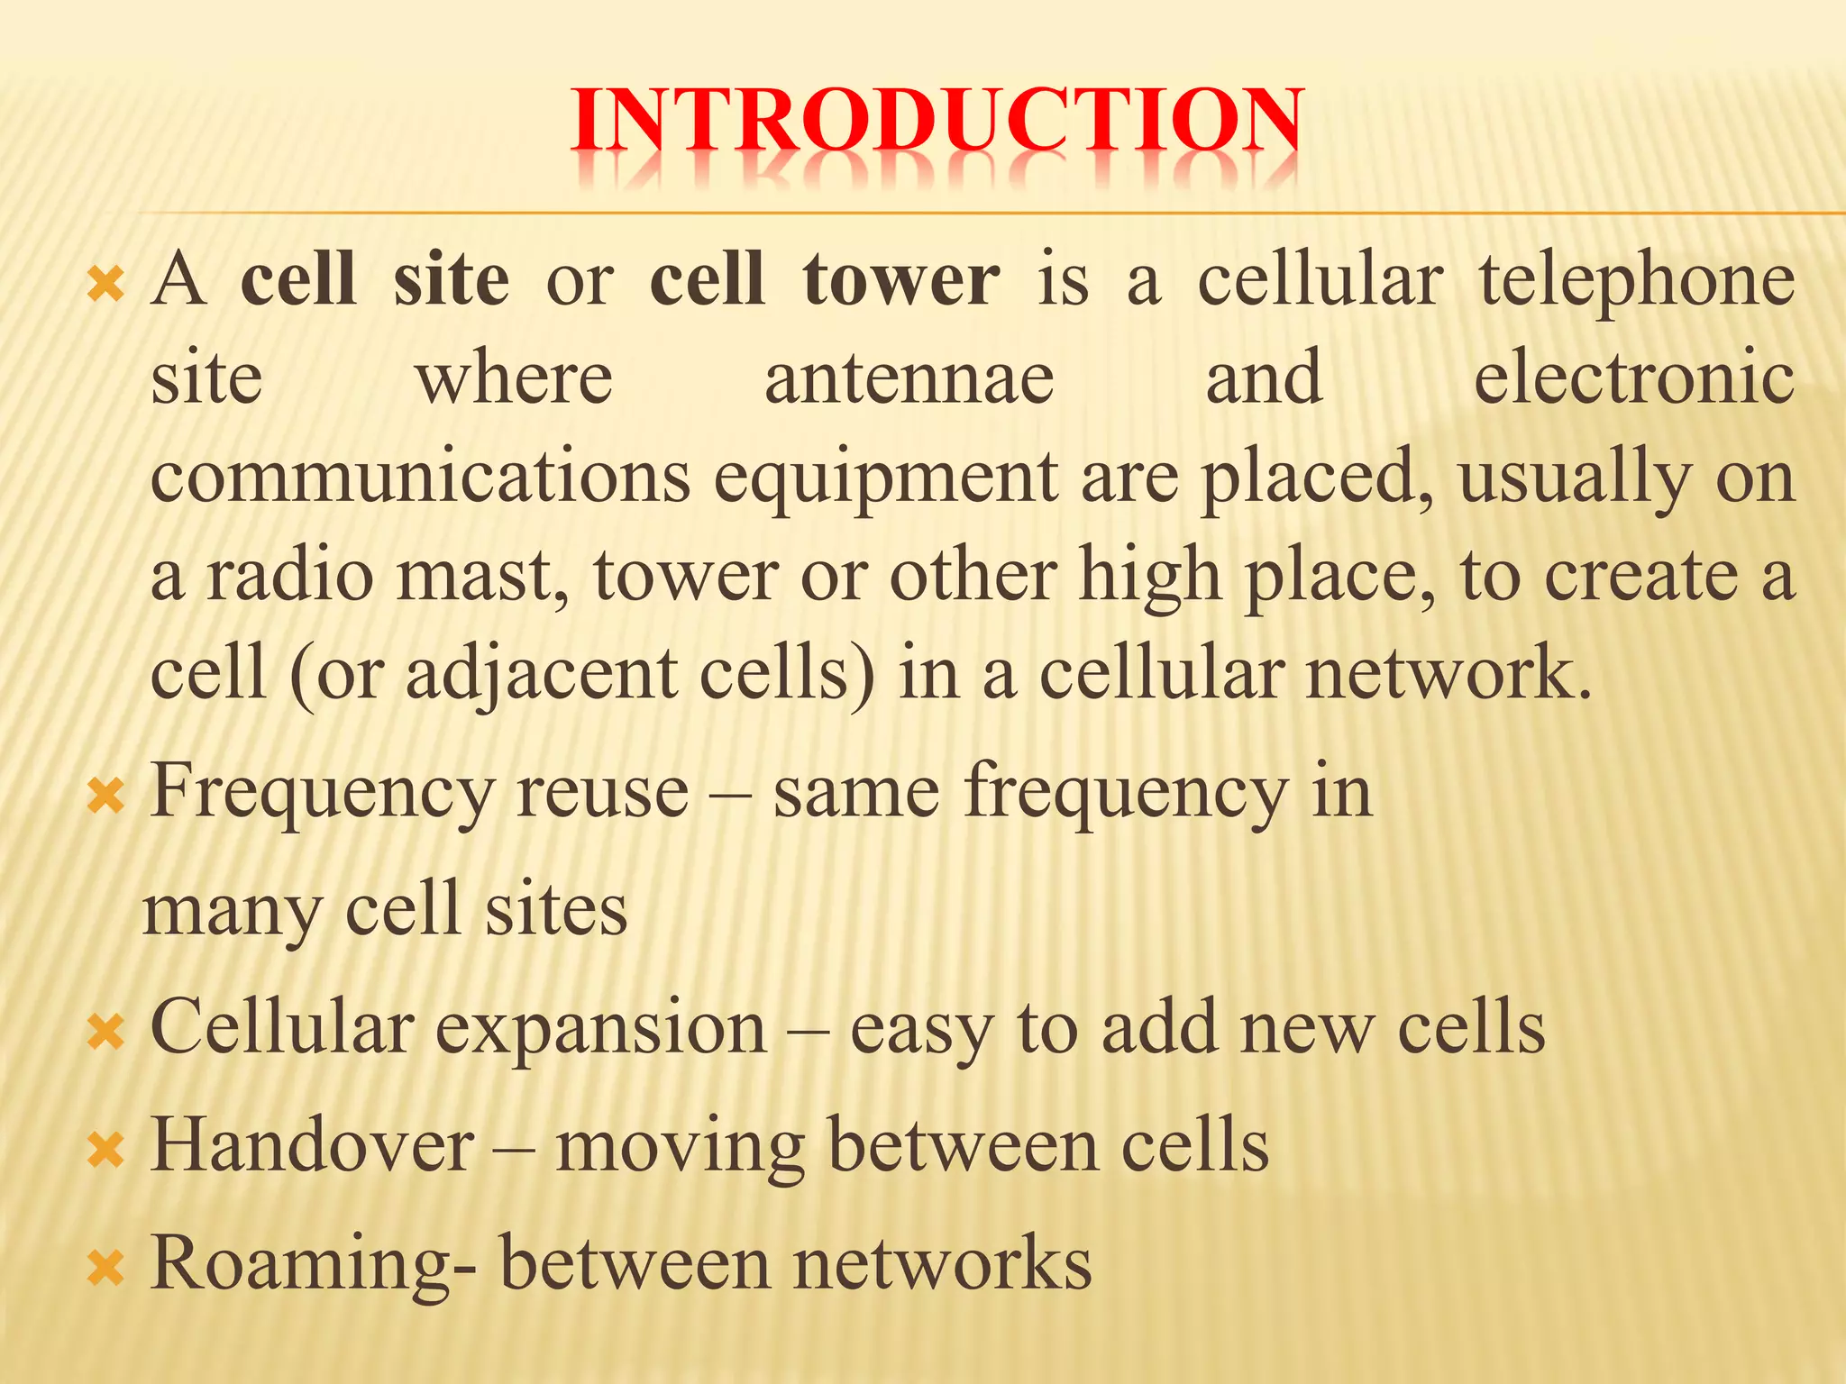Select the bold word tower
(x=900, y=280)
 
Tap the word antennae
(x=909, y=379)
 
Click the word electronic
(x=1633, y=379)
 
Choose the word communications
(x=420, y=478)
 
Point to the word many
(x=233, y=912)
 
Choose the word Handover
(x=312, y=1145)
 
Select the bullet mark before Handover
(x=105, y=1151)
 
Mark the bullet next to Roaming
(x=105, y=1269)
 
